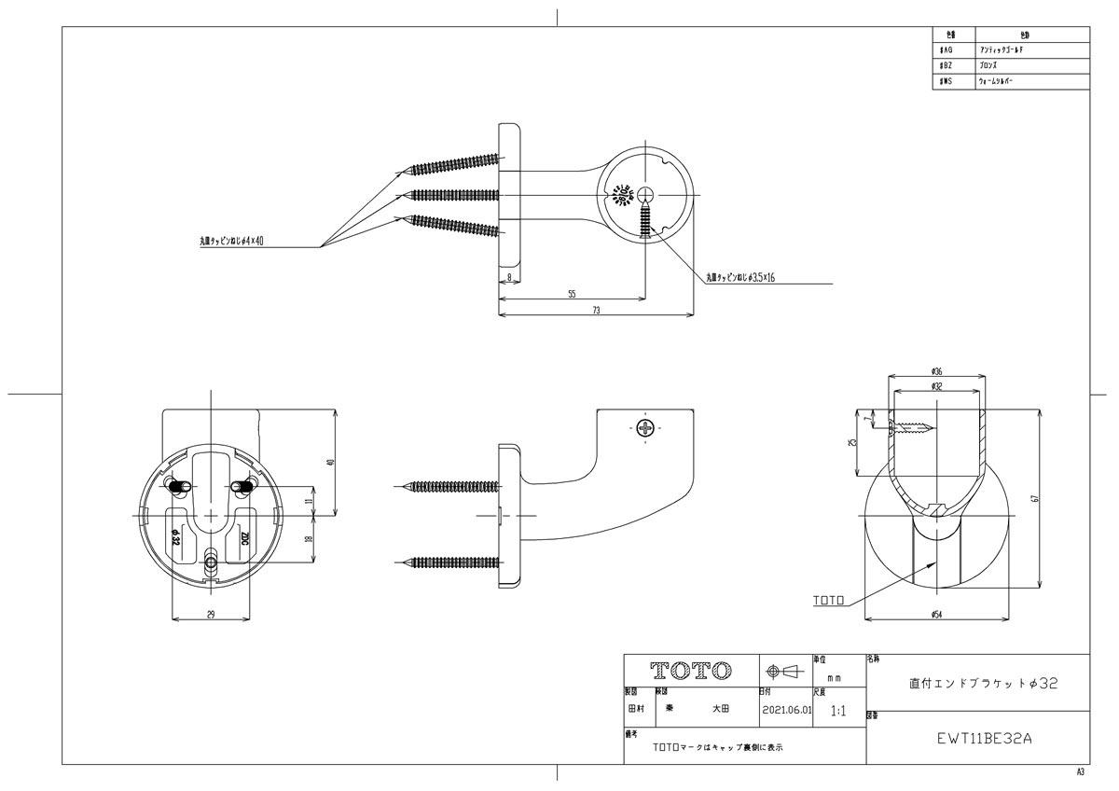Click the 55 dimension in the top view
click(x=572, y=294)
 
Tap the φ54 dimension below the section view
click(x=936, y=613)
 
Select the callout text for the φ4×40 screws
click(x=232, y=242)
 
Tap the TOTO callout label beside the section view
click(x=828, y=603)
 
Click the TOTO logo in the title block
click(x=690, y=671)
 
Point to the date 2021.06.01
click(x=786, y=709)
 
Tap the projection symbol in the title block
click(x=784, y=671)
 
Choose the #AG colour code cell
click(x=947, y=49)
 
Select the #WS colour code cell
click(x=947, y=82)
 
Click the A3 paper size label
click(x=1081, y=773)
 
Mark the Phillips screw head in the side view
click(x=645, y=428)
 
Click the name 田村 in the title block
click(x=635, y=709)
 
